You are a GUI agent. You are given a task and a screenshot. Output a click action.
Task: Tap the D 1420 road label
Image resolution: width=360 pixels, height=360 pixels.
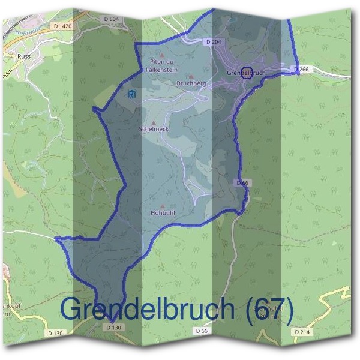pyautogui.click(x=62, y=26)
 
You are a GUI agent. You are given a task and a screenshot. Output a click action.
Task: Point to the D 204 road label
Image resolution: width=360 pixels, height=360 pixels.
pyautogui.click(x=214, y=42)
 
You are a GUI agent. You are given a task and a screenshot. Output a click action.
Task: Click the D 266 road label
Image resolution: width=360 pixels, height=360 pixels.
pyautogui.click(x=302, y=70)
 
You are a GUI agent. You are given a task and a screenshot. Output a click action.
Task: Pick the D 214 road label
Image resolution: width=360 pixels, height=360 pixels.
pyautogui.click(x=302, y=331)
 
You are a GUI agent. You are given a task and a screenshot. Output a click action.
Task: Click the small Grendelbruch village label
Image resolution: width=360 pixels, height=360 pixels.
pyautogui.click(x=246, y=73)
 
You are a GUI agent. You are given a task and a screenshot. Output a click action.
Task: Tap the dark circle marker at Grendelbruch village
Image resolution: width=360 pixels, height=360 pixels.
pyautogui.click(x=245, y=73)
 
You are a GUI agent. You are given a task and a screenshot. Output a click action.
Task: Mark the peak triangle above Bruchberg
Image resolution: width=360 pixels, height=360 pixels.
pyautogui.click(x=191, y=77)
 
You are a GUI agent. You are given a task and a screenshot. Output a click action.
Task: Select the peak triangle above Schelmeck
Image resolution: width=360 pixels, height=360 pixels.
pyautogui.click(x=153, y=122)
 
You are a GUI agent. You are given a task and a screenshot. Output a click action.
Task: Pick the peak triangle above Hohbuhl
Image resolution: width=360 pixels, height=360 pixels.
pyautogui.click(x=162, y=206)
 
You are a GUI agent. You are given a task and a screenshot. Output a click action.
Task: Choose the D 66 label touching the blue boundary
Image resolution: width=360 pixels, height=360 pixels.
pyautogui.click(x=242, y=182)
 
